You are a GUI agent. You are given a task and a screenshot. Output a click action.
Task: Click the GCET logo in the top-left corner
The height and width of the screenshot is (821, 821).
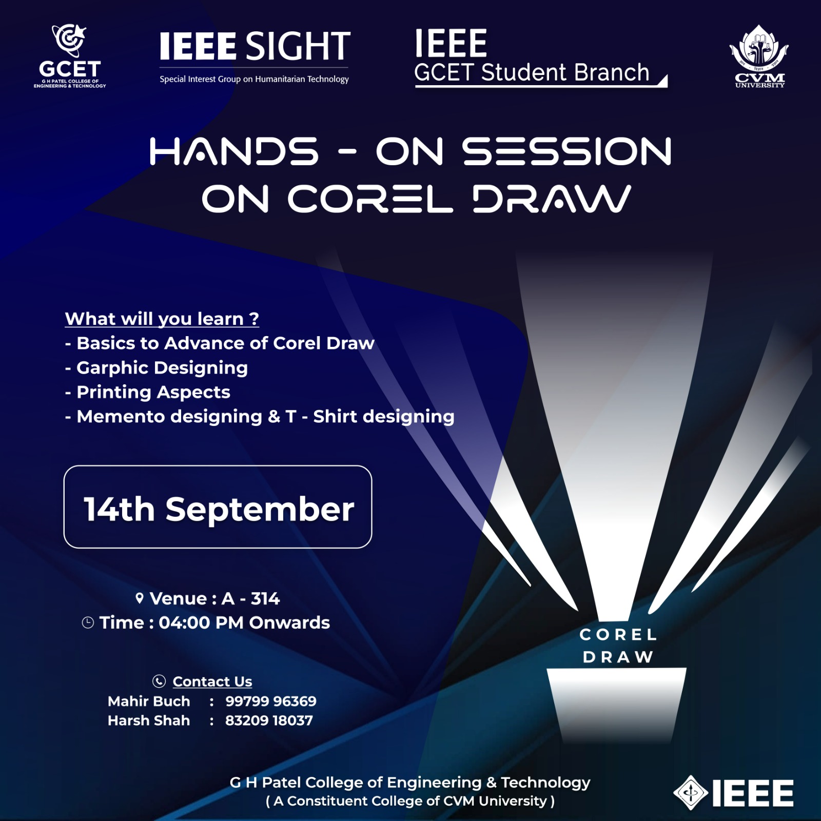click(x=70, y=56)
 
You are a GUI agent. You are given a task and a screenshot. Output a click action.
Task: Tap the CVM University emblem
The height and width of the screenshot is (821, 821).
click(x=759, y=56)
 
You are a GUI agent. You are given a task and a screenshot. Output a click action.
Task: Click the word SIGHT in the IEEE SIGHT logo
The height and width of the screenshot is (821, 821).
click(x=298, y=46)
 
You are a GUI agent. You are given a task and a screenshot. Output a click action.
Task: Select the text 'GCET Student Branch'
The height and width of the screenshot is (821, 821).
click(x=532, y=72)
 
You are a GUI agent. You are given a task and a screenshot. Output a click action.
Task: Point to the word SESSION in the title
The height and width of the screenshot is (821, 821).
click(x=567, y=151)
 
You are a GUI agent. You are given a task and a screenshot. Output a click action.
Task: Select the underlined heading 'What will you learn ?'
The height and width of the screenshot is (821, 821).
click(x=162, y=319)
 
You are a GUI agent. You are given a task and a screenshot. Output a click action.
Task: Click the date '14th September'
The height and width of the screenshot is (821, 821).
click(x=219, y=509)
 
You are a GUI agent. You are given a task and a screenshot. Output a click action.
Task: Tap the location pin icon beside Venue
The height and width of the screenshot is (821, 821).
click(x=139, y=598)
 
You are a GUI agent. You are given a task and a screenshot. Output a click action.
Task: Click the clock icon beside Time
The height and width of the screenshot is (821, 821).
click(x=88, y=623)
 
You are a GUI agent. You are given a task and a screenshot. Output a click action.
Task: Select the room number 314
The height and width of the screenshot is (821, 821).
click(x=265, y=598)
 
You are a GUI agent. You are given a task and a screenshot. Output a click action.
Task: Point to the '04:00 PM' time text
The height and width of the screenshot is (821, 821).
click(x=201, y=623)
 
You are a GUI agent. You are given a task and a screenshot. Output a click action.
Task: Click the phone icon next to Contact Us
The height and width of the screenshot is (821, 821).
click(x=159, y=681)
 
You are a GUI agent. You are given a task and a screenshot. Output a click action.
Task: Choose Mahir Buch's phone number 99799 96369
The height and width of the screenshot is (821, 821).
click(x=271, y=701)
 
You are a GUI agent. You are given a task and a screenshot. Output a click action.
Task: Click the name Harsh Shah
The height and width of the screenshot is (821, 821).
click(x=149, y=721)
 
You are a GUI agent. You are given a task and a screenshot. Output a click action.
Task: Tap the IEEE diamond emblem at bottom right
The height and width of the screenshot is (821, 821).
click(x=691, y=793)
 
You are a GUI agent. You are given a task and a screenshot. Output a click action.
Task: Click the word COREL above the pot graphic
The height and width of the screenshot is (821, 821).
click(x=618, y=635)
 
